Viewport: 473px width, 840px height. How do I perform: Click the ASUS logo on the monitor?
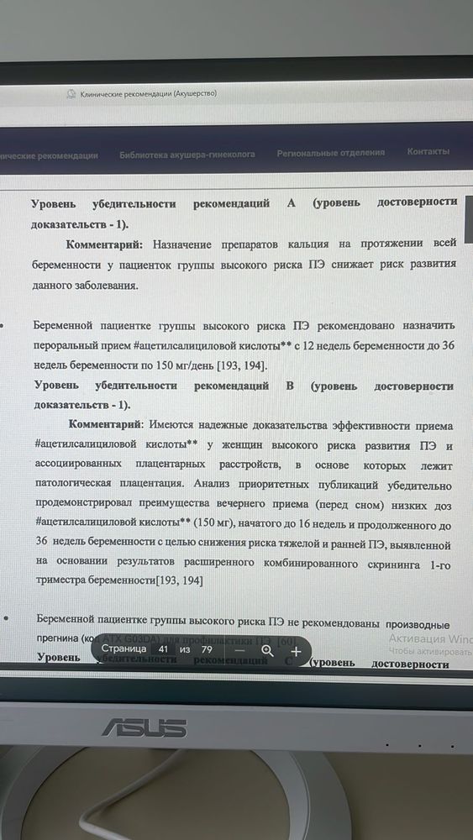point(144,726)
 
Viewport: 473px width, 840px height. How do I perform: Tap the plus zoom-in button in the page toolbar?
point(296,650)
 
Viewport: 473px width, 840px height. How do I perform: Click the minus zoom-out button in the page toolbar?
point(240,650)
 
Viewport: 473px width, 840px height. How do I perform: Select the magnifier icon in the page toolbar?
point(267,650)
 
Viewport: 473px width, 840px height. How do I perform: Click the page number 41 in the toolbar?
point(164,649)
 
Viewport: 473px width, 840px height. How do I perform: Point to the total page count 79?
point(208,649)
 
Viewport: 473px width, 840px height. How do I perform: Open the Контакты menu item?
point(428,152)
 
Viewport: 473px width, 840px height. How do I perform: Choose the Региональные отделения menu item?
point(331,153)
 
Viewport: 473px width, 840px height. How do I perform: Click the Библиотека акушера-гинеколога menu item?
point(187,155)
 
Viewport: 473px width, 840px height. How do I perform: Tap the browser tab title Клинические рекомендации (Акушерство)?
point(148,93)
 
